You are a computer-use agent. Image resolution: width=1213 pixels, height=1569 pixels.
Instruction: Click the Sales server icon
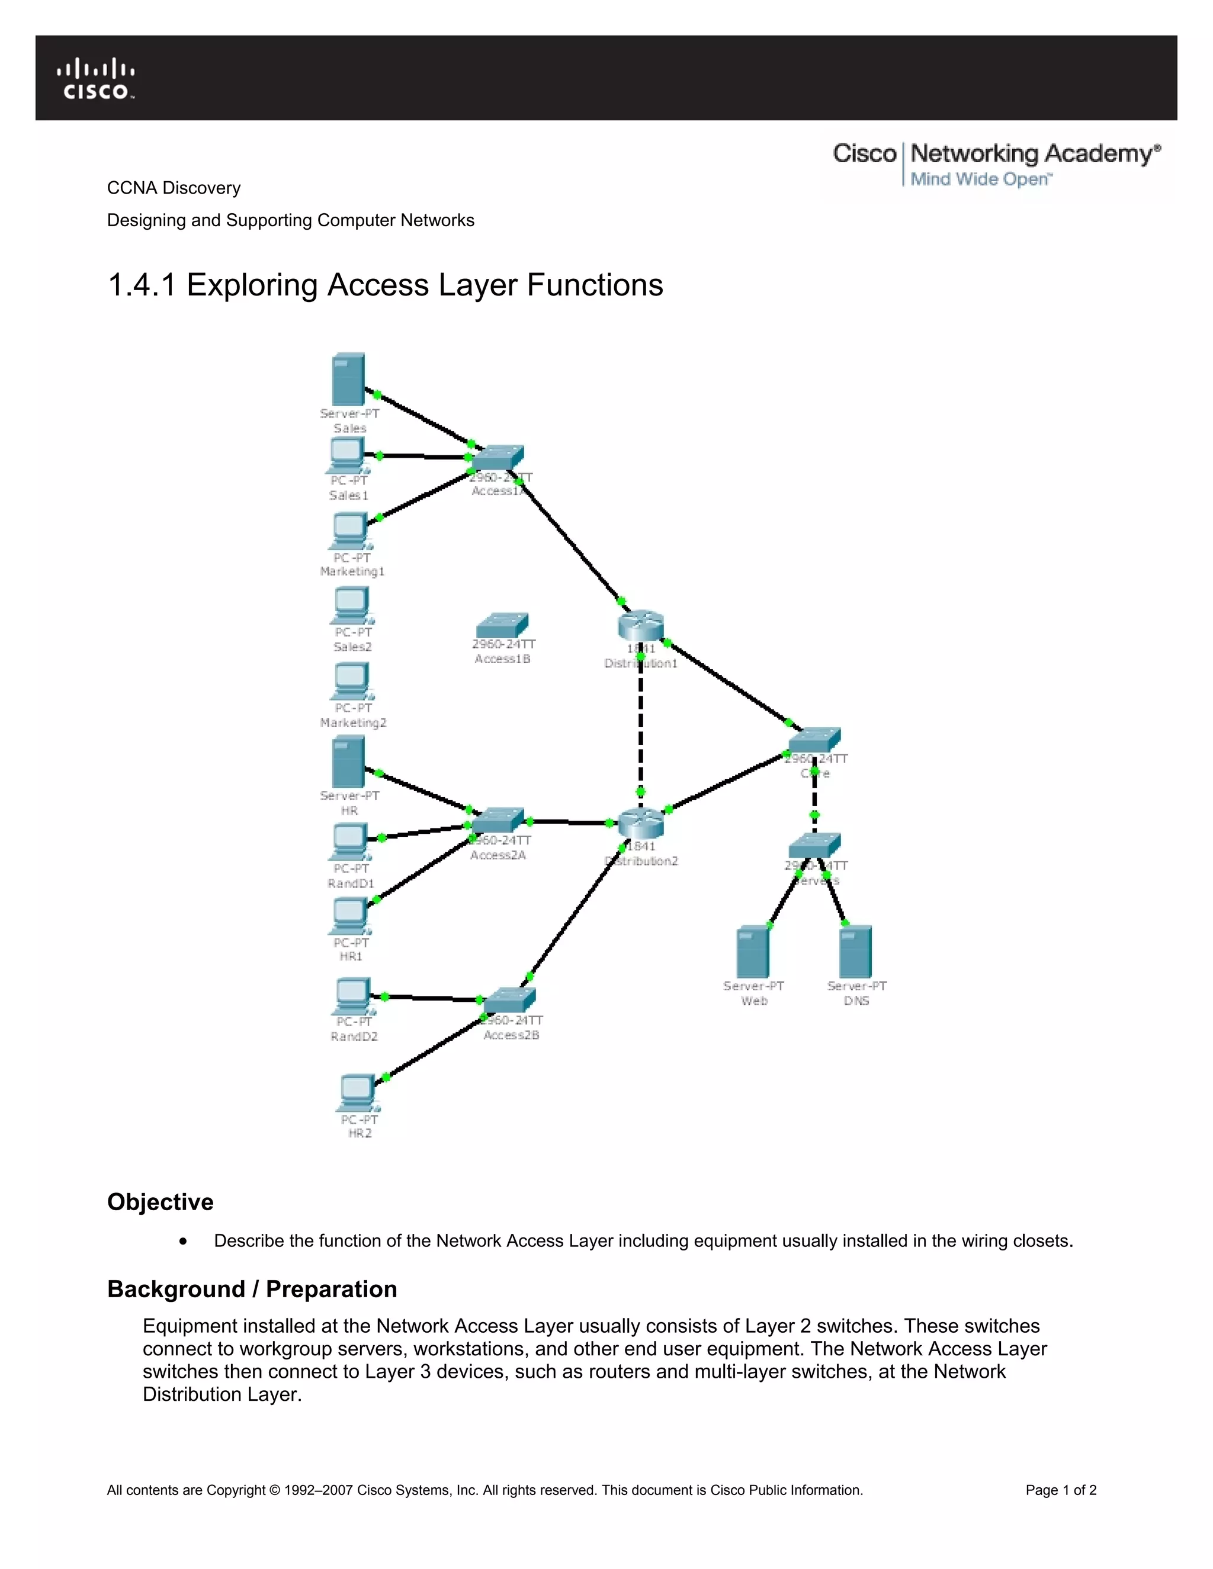pyautogui.click(x=348, y=380)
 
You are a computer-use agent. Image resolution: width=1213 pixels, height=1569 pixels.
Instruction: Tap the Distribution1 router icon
pyautogui.click(x=640, y=625)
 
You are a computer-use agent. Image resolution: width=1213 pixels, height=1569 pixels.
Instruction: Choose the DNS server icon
pyautogui.click(x=856, y=953)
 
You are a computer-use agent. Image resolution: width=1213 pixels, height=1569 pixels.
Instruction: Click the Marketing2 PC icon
pyautogui.click(x=351, y=680)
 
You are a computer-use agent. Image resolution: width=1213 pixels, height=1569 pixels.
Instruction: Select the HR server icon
pyautogui.click(x=348, y=763)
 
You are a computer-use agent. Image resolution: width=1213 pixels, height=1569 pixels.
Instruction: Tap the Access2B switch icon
pyautogui.click(x=509, y=1000)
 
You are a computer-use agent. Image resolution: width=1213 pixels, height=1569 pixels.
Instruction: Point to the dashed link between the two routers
pyautogui.click(x=640, y=726)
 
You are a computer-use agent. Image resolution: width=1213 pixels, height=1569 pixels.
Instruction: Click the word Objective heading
pyautogui.click(x=161, y=1202)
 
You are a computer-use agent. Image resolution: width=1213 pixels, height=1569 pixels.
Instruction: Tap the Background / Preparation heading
pyautogui.click(x=252, y=1289)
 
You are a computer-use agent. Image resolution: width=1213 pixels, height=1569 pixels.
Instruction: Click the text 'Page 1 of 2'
pyautogui.click(x=1061, y=1490)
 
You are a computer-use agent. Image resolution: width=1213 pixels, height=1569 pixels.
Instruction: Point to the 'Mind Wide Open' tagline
pyautogui.click(x=980, y=179)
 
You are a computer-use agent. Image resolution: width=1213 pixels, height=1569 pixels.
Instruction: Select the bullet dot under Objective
pyautogui.click(x=184, y=1242)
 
